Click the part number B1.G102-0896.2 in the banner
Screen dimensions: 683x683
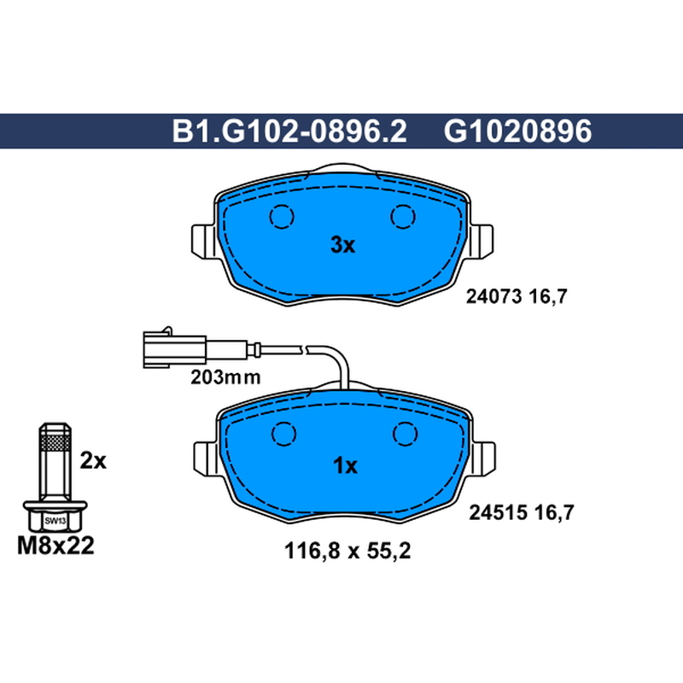click(x=289, y=131)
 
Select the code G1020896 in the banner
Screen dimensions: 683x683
click(x=517, y=131)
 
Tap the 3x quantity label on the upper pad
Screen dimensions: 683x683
click(x=343, y=245)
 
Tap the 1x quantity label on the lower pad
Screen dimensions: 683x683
click(x=345, y=465)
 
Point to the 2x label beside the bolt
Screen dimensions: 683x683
click(x=93, y=460)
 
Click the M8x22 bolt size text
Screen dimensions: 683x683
click(x=55, y=546)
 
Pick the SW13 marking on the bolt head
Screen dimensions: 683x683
click(x=55, y=521)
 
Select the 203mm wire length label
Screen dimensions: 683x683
click(x=225, y=377)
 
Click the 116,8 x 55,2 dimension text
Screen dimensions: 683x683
click(x=347, y=551)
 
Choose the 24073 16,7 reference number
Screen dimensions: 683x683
click(x=517, y=296)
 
